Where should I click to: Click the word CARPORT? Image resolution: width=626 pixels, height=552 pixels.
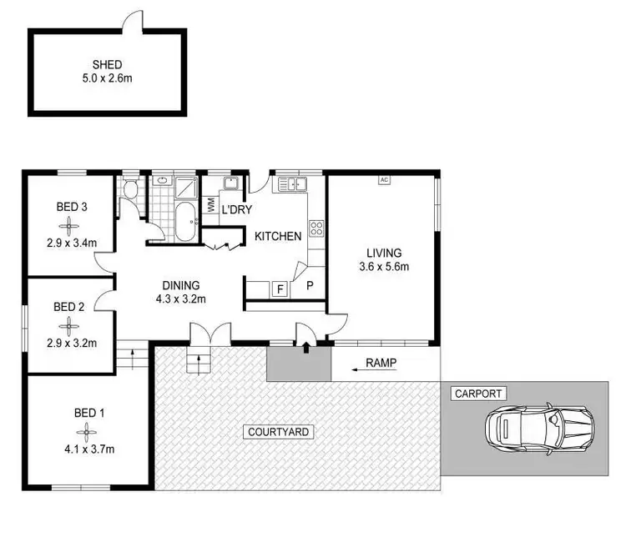pyautogui.click(x=475, y=393)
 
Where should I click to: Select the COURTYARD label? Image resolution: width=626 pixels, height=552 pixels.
pyautogui.click(x=280, y=432)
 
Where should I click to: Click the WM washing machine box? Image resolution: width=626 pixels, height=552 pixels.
pyautogui.click(x=210, y=205)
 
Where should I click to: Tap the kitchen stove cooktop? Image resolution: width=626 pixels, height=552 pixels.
pyautogui.click(x=316, y=227)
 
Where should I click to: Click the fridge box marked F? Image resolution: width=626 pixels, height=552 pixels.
pyautogui.click(x=280, y=289)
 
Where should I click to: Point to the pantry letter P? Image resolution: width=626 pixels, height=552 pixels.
pyautogui.click(x=310, y=285)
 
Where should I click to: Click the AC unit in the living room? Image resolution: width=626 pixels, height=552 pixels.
pyautogui.click(x=384, y=179)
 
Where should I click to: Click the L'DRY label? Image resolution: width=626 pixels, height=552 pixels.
pyautogui.click(x=236, y=208)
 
